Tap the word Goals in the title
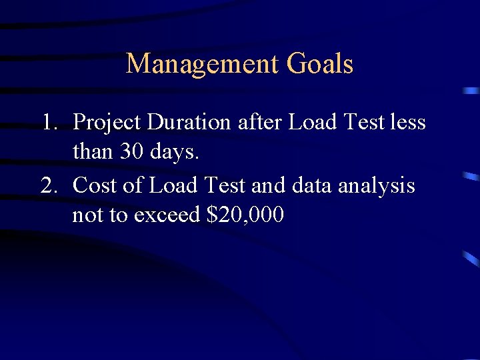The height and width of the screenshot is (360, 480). (320, 65)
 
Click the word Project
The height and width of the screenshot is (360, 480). (107, 123)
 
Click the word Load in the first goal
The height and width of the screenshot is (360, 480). (309, 123)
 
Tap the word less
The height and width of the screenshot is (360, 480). (408, 123)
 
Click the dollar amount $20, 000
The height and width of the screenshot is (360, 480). (245, 215)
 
